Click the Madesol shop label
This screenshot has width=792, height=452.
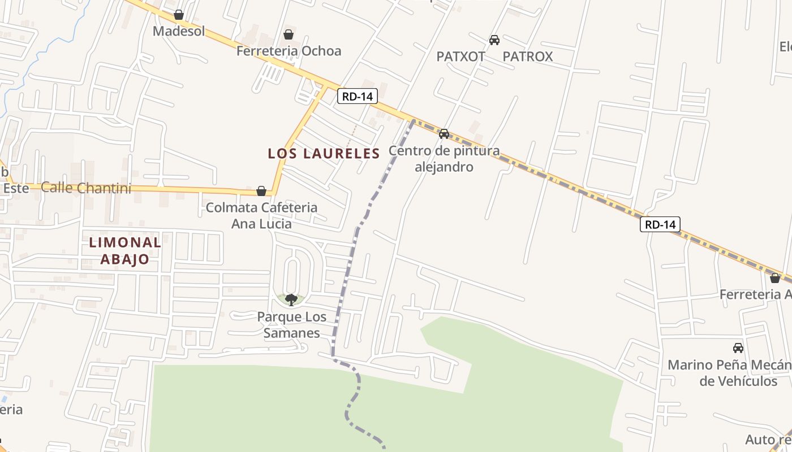(179, 31)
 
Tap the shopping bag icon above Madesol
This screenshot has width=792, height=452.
(179, 15)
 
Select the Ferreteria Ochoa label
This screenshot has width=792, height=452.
(289, 51)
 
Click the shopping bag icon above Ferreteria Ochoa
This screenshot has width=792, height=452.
(289, 34)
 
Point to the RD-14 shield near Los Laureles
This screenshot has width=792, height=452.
(358, 96)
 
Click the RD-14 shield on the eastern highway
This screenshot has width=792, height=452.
(660, 224)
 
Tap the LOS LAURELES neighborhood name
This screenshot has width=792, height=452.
(324, 153)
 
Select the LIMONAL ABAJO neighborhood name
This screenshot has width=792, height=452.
(125, 251)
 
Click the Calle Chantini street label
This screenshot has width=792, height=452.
(86, 188)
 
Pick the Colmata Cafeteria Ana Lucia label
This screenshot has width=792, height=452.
(261, 215)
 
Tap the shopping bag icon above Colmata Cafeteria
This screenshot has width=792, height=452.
(261, 191)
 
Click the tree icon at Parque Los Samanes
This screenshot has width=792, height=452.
(291, 299)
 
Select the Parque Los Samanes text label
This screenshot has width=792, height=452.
(291, 325)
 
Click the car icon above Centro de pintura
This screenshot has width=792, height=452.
(444, 134)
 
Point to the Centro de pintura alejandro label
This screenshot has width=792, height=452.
(444, 159)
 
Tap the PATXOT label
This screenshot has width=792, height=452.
(461, 56)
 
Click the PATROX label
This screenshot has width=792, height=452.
(527, 56)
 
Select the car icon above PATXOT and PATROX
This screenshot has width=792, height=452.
(494, 40)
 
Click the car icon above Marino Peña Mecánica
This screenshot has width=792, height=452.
(738, 348)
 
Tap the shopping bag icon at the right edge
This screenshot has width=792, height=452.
(775, 278)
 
